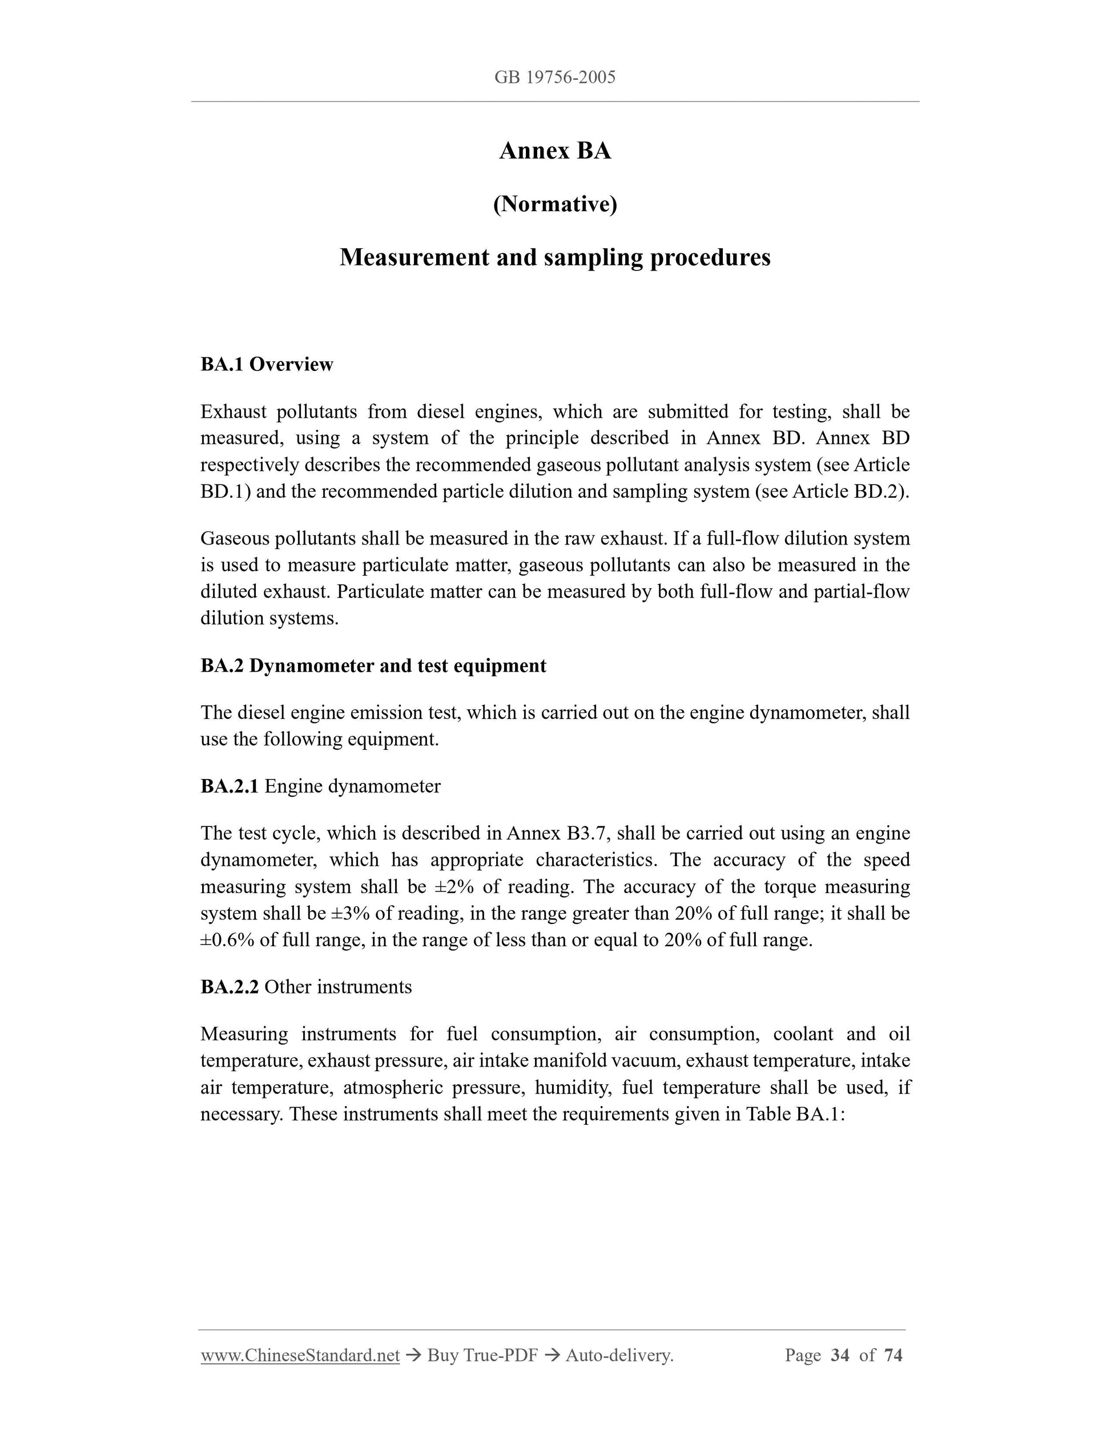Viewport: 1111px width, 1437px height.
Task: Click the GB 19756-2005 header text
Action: [x=555, y=78]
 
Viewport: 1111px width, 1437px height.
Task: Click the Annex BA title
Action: [x=555, y=151]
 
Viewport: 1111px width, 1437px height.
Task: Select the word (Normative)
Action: [x=555, y=205]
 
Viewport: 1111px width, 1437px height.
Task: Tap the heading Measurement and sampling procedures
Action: [x=555, y=257]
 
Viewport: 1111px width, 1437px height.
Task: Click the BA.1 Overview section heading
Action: [x=267, y=365]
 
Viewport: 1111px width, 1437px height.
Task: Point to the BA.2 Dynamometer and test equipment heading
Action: [x=373, y=666]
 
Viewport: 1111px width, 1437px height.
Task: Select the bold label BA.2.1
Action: [x=229, y=786]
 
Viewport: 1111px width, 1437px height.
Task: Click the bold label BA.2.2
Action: [x=229, y=987]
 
